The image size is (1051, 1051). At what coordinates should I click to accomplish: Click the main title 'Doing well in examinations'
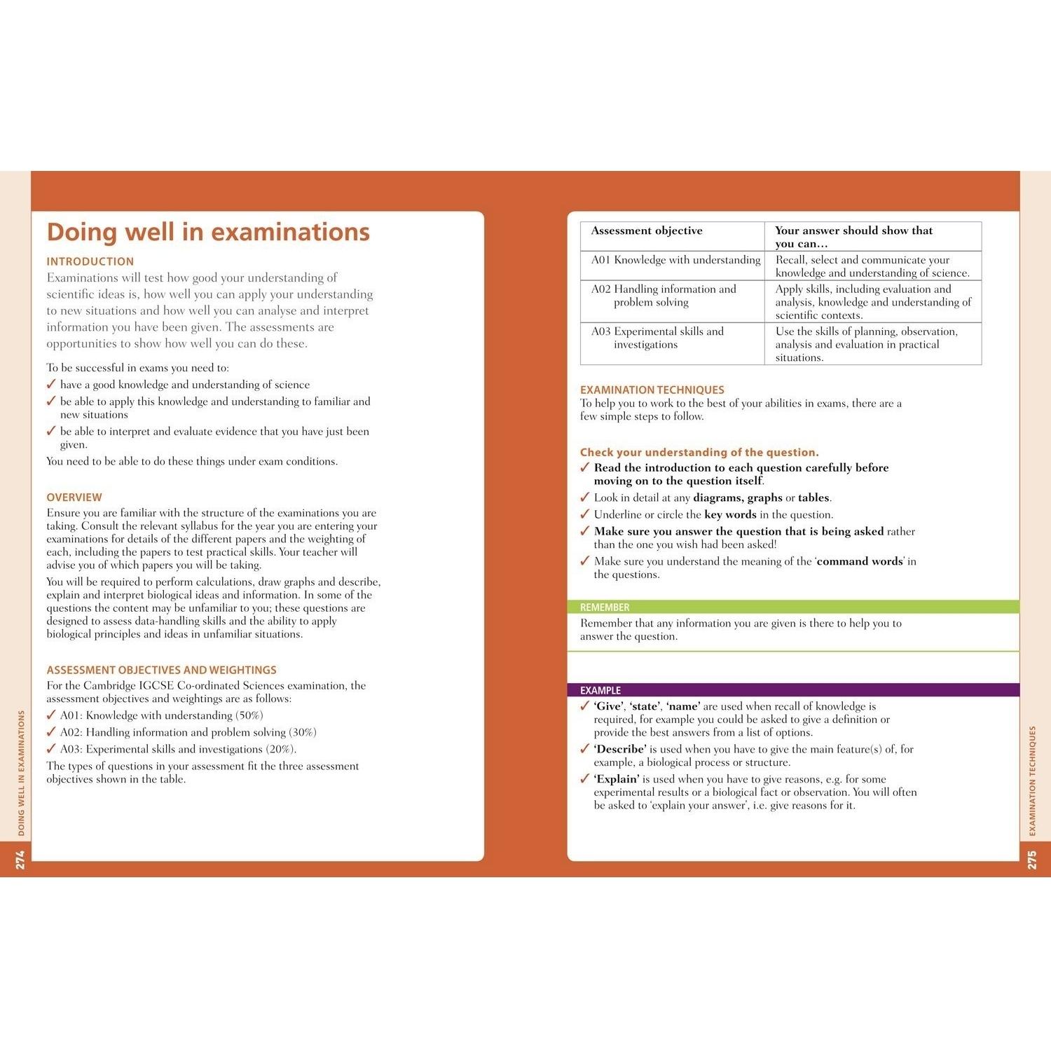tap(208, 232)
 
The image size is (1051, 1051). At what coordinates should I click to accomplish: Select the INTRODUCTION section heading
tap(90, 261)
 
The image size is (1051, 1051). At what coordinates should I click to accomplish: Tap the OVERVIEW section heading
tap(74, 497)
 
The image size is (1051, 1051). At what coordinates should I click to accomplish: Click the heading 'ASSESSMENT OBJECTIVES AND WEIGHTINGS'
tap(162, 670)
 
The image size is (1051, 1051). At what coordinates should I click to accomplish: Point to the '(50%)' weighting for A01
tap(249, 715)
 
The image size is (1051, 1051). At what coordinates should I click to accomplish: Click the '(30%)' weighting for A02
tap(303, 732)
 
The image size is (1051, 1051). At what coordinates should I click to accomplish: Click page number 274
tap(20, 860)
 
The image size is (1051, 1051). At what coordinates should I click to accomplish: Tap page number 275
tap(1031, 860)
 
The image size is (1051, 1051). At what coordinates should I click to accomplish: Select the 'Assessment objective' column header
tap(647, 231)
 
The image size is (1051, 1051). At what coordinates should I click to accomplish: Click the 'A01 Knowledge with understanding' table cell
tap(675, 260)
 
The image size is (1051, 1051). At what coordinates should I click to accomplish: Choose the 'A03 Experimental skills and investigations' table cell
tap(657, 338)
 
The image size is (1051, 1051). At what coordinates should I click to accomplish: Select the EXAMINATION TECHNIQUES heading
tap(652, 390)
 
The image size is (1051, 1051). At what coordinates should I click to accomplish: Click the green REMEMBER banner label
tap(605, 607)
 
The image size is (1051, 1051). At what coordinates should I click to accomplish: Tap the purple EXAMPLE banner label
tap(600, 690)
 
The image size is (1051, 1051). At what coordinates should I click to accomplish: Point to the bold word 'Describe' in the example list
tap(619, 749)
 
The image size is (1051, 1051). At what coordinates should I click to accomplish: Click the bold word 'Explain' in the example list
tap(617, 779)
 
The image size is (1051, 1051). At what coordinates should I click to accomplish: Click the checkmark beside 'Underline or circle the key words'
tap(585, 514)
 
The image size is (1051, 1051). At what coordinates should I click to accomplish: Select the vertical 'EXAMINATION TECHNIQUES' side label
tap(1032, 781)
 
